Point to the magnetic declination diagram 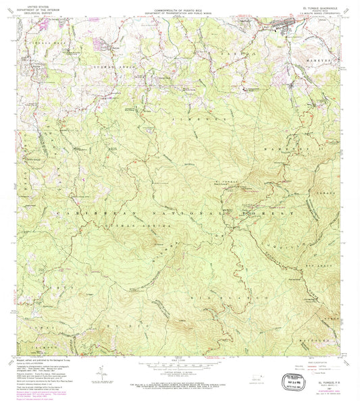click(x=101, y=373)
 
